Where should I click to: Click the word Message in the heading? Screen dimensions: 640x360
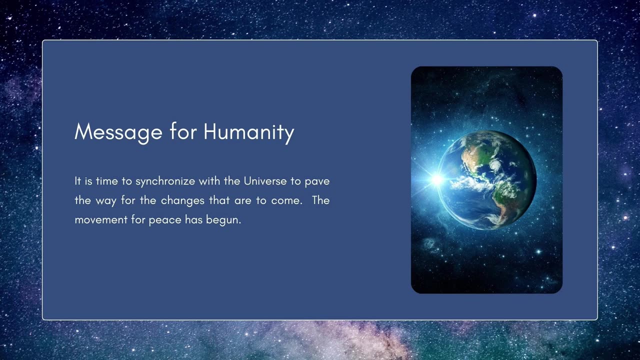(118, 132)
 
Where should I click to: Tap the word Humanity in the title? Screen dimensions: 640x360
(248, 132)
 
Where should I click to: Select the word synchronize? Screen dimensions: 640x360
(165, 181)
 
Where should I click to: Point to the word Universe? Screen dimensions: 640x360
(265, 181)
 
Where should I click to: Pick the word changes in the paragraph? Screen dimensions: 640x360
(182, 200)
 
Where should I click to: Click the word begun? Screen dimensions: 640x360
(223, 220)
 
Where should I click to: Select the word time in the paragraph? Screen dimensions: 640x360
(107, 181)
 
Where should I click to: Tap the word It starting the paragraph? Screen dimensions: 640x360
(77, 181)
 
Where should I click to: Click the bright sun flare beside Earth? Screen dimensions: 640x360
(436, 179)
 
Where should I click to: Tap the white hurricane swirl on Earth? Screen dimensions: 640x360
(495, 165)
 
